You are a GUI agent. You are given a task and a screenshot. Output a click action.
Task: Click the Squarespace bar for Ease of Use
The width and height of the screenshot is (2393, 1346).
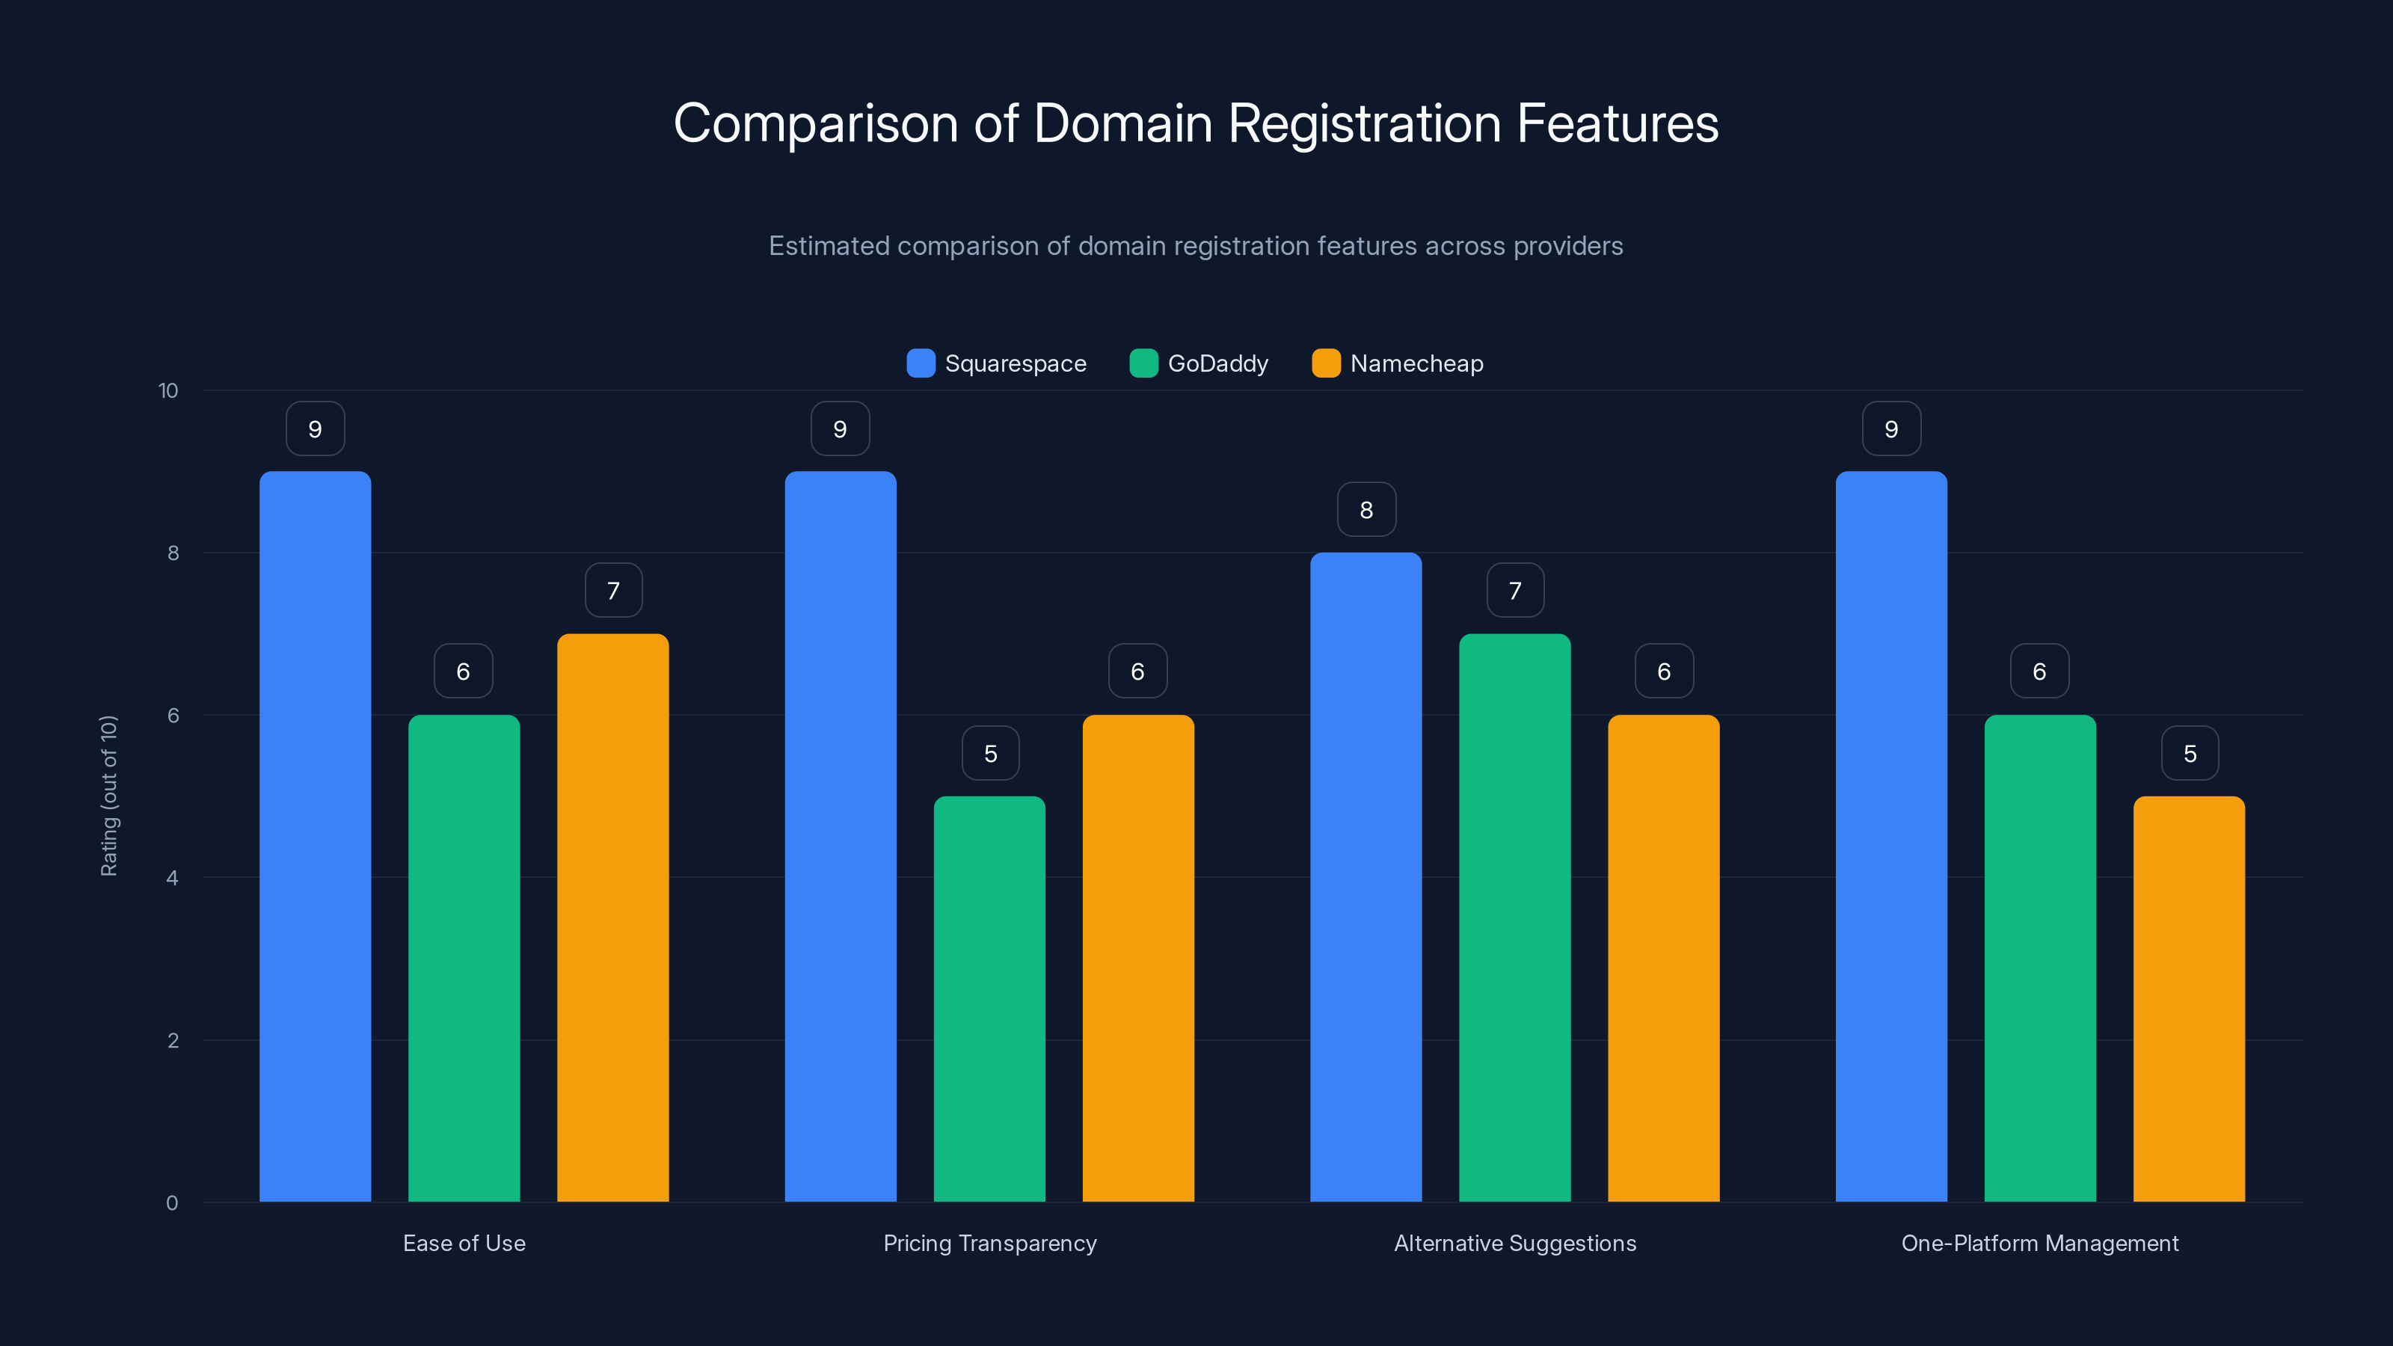[x=315, y=836]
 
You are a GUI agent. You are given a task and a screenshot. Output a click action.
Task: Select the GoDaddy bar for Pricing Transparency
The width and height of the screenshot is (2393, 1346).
[x=989, y=998]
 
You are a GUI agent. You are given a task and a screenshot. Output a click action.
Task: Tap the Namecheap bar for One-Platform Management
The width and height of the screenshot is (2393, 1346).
[x=2189, y=998]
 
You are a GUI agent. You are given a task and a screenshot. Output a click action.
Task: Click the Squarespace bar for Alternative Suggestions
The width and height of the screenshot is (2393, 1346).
[x=1366, y=877]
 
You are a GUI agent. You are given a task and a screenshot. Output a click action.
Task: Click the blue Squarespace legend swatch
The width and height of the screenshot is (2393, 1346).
[x=921, y=363]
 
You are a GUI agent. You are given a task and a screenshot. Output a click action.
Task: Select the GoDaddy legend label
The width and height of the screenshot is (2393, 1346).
[x=1218, y=363]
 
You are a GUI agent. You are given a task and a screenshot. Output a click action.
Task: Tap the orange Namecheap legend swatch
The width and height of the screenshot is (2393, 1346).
[x=1326, y=363]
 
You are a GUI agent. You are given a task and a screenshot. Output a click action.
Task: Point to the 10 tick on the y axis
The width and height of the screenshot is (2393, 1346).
[x=168, y=390]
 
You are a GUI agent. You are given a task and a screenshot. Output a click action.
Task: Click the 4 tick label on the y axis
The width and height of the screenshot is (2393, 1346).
[x=172, y=878]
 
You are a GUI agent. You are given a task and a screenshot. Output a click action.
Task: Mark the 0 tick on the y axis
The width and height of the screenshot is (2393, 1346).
[x=172, y=1203]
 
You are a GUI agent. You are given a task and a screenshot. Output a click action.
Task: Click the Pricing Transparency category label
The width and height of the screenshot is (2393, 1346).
[x=989, y=1243]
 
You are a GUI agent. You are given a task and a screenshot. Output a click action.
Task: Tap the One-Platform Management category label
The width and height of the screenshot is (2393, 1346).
[x=2039, y=1243]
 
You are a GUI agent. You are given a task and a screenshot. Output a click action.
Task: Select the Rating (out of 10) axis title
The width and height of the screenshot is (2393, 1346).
[x=108, y=795]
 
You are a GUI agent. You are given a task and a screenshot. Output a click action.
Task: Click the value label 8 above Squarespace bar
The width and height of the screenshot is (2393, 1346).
[x=1366, y=509]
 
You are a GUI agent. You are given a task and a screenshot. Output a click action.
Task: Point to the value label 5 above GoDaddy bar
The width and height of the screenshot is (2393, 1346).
[x=990, y=753]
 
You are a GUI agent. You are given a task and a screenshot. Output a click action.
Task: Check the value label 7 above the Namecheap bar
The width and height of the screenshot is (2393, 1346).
[x=613, y=591]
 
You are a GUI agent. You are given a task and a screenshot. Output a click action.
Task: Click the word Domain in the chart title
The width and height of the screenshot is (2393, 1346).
[x=1122, y=123]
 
